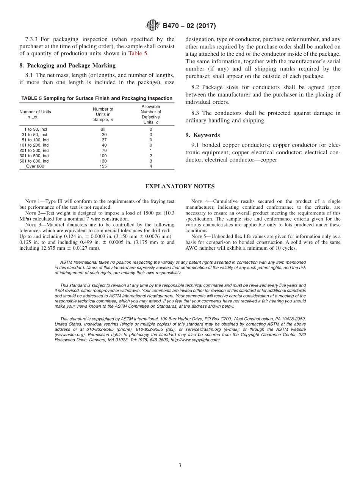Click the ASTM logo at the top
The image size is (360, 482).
pyautogui.click(x=153, y=26)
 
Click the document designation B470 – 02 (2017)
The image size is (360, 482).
pyautogui.click(x=189, y=26)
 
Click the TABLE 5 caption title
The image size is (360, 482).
pyautogui.click(x=97, y=99)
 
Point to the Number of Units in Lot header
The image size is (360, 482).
pyautogui.click(x=35, y=114)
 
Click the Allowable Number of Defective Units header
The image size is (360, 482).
pyautogui.click(x=151, y=114)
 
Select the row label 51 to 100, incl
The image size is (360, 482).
pyautogui.click(x=35, y=140)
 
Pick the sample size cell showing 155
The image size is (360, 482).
pyautogui.click(x=103, y=166)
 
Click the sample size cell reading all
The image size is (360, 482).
pyautogui.click(x=103, y=129)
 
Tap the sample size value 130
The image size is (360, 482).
pyautogui.click(x=103, y=161)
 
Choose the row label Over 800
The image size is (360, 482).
pyautogui.click(x=35, y=166)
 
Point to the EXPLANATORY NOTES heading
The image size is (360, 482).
pyautogui.click(x=180, y=186)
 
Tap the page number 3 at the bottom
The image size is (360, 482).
pyautogui.click(x=180, y=465)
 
